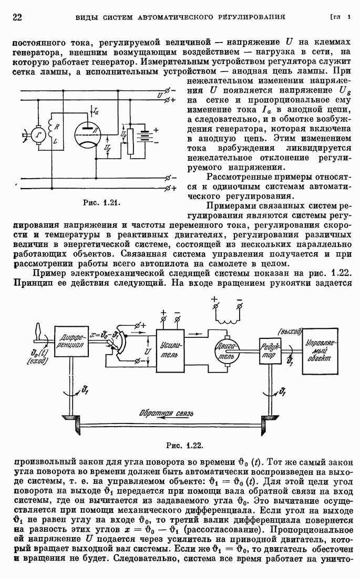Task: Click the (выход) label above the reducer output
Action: (x=290, y=331)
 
